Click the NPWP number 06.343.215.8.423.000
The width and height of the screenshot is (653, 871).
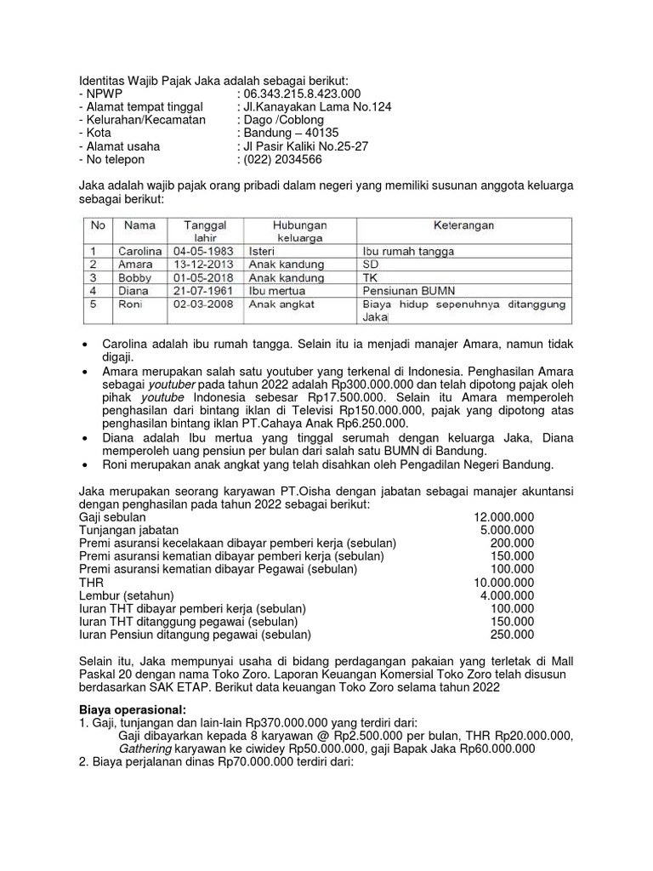[x=302, y=94]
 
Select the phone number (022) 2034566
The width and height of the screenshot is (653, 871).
[x=283, y=159]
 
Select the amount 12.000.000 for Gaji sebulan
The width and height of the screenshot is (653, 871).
[x=504, y=517]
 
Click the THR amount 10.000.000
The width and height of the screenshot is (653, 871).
[x=504, y=583]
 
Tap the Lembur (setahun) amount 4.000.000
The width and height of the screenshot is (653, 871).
[x=508, y=595]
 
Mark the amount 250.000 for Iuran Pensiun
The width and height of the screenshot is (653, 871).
[x=513, y=635]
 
